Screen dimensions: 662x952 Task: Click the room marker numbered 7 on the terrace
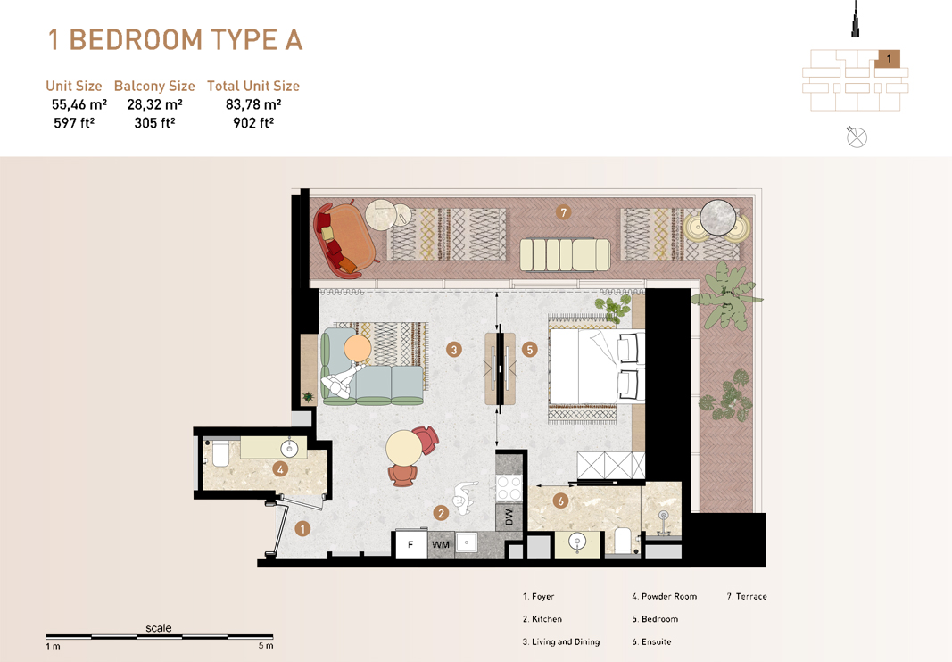(562, 212)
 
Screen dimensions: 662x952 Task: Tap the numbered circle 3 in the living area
(454, 350)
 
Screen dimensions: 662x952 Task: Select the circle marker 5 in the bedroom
(530, 350)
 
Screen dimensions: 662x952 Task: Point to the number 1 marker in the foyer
(302, 529)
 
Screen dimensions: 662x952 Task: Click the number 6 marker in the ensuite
(560, 501)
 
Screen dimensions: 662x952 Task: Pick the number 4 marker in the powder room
(280, 468)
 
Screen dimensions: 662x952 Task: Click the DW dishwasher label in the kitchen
(509, 519)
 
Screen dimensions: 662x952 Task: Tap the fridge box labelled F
(410, 544)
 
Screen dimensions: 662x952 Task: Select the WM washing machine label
(441, 544)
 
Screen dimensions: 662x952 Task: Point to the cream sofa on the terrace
(565, 253)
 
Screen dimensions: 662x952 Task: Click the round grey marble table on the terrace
(717, 217)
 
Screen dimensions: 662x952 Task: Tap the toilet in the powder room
(217, 455)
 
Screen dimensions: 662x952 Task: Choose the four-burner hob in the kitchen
(509, 489)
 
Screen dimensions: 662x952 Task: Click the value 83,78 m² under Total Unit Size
(253, 105)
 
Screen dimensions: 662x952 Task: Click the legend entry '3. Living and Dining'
(561, 641)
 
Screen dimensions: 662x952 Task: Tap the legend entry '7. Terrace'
(747, 596)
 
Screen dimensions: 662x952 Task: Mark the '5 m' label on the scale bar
(266, 646)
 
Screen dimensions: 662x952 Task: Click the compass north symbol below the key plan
(857, 137)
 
